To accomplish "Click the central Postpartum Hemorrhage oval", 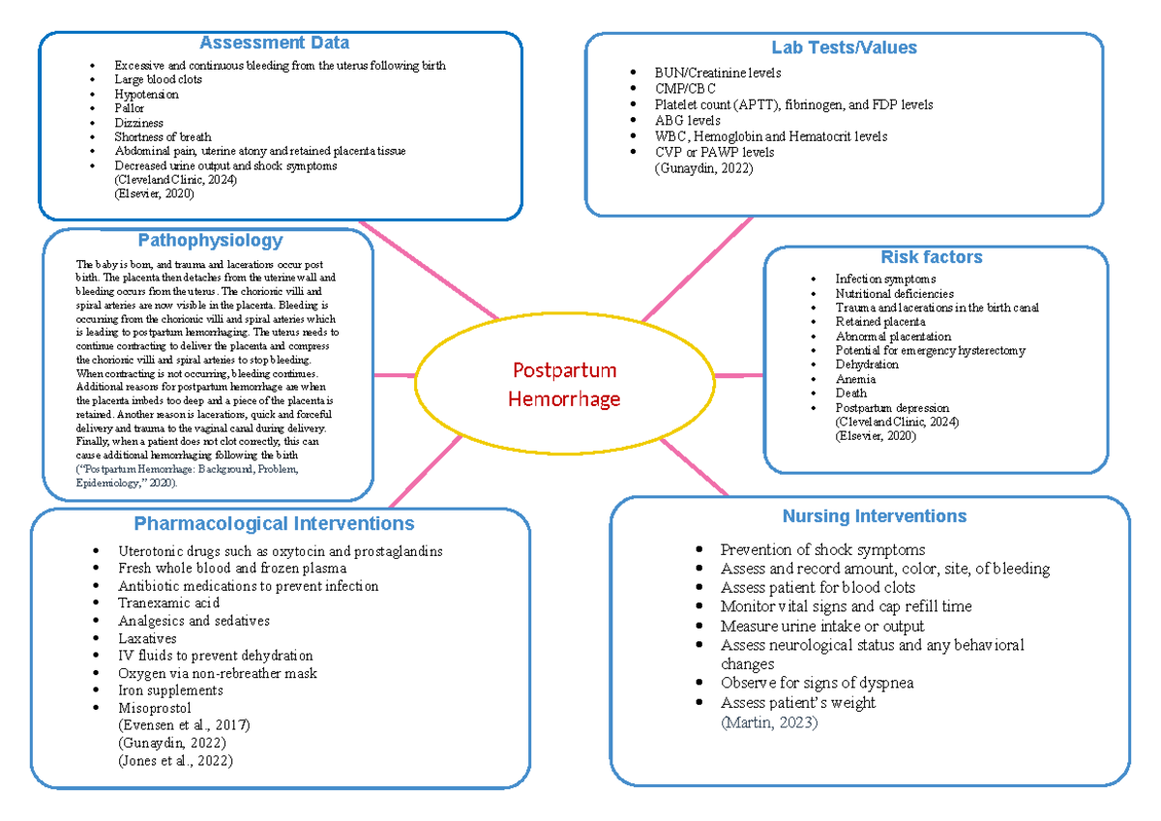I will pos(566,385).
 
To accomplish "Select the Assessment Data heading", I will pos(274,43).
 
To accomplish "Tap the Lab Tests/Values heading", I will pos(844,47).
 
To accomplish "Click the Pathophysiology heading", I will pos(210,240).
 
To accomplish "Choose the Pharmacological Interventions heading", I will pos(274,523).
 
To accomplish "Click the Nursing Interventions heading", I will pos(875,515).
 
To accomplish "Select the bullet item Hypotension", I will pos(146,95).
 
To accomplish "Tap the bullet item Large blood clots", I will pos(158,80).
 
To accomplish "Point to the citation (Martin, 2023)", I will pos(769,722).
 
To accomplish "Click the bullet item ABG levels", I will pos(687,121).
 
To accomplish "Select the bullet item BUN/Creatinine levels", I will pos(717,73).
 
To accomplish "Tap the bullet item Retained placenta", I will pos(880,322).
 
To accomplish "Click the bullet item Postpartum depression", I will pos(892,408).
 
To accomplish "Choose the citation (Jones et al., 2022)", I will pos(174,760).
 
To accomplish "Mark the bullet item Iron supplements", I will pos(170,690).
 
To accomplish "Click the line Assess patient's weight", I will pos(798,703).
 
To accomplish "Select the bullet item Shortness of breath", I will pos(163,137).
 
